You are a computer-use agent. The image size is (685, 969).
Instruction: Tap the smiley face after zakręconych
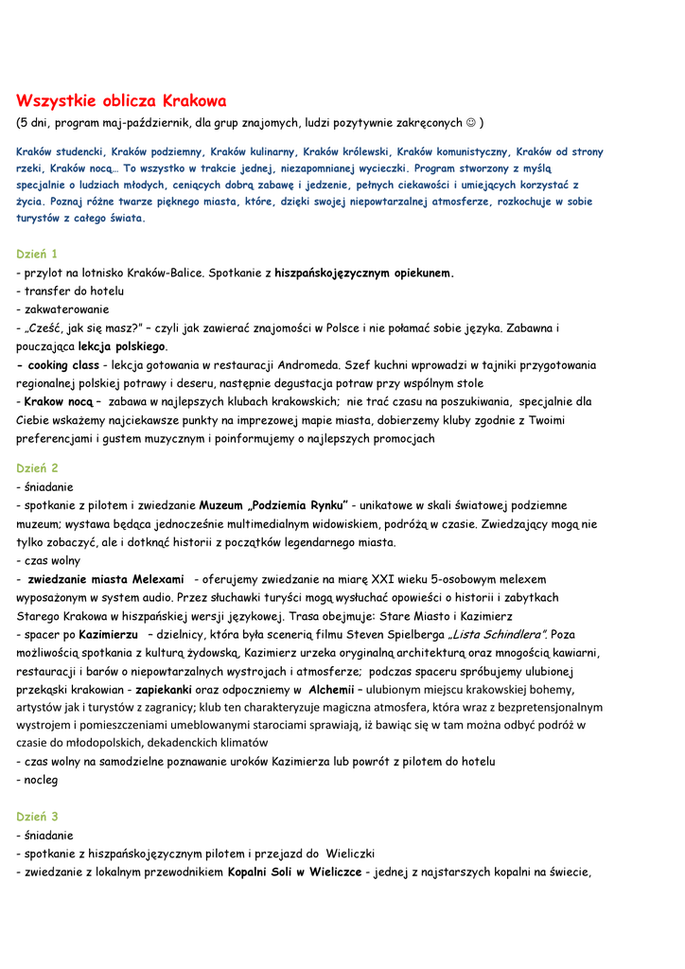pos(470,123)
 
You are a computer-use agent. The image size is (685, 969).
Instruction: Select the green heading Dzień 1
pos(37,254)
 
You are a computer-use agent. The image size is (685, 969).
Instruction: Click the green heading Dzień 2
pos(37,467)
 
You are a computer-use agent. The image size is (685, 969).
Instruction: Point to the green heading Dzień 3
pos(37,816)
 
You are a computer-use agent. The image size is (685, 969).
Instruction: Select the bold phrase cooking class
pos(63,364)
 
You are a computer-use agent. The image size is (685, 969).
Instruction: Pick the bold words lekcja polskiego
pos(122,346)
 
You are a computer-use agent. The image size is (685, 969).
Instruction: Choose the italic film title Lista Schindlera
pos(498,634)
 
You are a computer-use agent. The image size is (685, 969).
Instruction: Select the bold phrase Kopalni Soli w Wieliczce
pos(294,872)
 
